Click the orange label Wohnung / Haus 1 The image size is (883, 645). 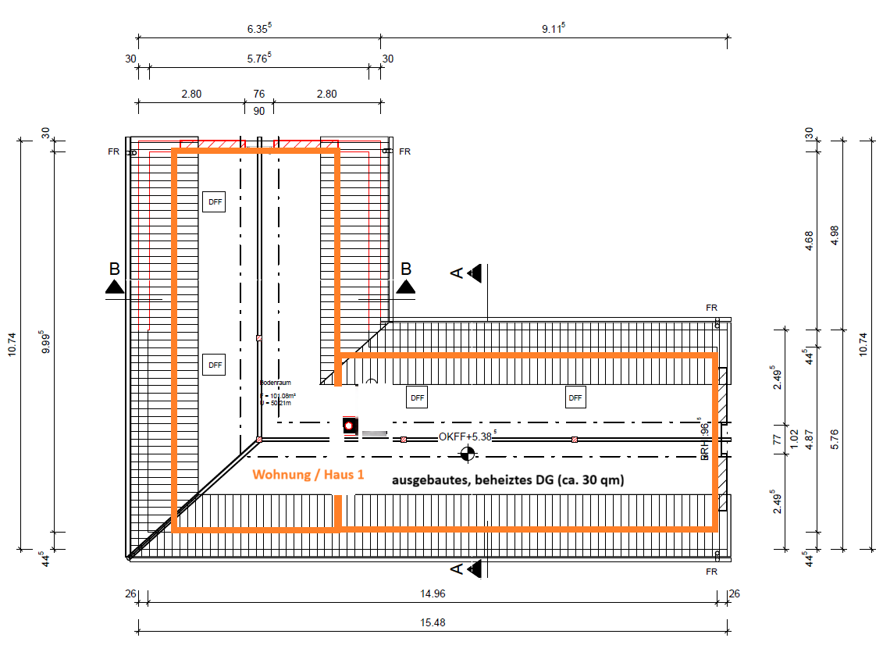pyautogui.click(x=308, y=475)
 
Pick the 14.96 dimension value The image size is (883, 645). pyautogui.click(x=433, y=593)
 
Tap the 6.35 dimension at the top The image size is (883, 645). pyautogui.click(x=258, y=28)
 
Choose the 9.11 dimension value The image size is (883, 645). pyautogui.click(x=554, y=28)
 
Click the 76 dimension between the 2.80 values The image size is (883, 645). pyautogui.click(x=258, y=94)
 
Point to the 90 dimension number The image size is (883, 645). pyautogui.click(x=258, y=111)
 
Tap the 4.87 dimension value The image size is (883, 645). pyautogui.click(x=809, y=438)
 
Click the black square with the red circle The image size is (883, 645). pyautogui.click(x=349, y=426)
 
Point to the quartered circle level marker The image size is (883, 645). pyautogui.click(x=467, y=452)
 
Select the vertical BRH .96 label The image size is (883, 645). pyautogui.click(x=703, y=441)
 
